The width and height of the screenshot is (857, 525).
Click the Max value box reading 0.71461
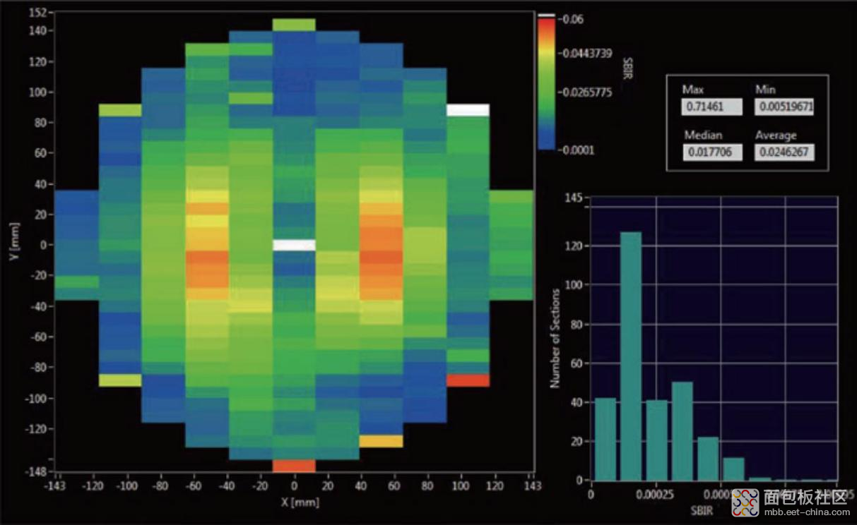click(711, 107)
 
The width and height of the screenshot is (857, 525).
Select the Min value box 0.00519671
click(784, 107)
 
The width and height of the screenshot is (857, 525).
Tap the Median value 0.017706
click(711, 152)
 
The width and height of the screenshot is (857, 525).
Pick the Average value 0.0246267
click(784, 152)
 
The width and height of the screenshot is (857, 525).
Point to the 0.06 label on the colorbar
click(571, 19)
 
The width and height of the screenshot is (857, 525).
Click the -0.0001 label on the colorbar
click(577, 150)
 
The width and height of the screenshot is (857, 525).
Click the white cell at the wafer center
click(294, 245)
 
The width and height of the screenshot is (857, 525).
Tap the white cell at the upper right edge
click(468, 109)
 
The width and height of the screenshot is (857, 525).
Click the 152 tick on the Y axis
click(38, 13)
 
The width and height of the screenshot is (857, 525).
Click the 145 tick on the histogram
click(573, 198)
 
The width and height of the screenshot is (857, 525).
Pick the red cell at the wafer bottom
click(294, 466)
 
